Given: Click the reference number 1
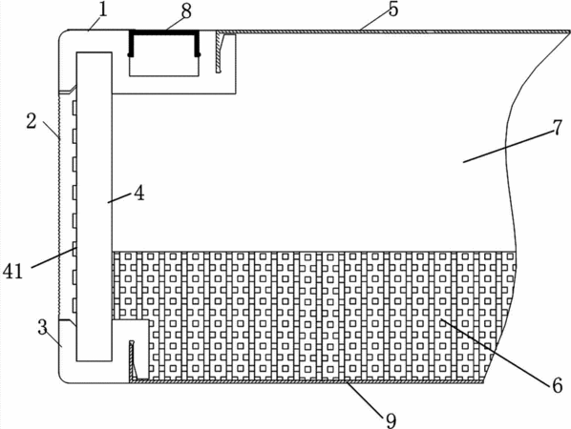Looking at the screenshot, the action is tap(103, 10).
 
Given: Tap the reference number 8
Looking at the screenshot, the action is tap(186, 11).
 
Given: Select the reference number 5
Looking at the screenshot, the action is tap(393, 10).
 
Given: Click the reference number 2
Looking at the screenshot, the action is tap(32, 121).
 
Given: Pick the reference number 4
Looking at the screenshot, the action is tap(138, 193).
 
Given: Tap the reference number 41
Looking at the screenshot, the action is tap(13, 271).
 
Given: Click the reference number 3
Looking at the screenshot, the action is tap(43, 327).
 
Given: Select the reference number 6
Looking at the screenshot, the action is tap(558, 385).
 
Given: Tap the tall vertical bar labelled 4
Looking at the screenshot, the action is tap(94, 207).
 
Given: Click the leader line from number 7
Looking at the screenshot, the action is tap(507, 147).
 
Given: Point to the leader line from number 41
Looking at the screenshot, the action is tap(53, 257).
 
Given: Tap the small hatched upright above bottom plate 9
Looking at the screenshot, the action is tap(132, 359).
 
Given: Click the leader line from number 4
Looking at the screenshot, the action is tap(119, 198).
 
